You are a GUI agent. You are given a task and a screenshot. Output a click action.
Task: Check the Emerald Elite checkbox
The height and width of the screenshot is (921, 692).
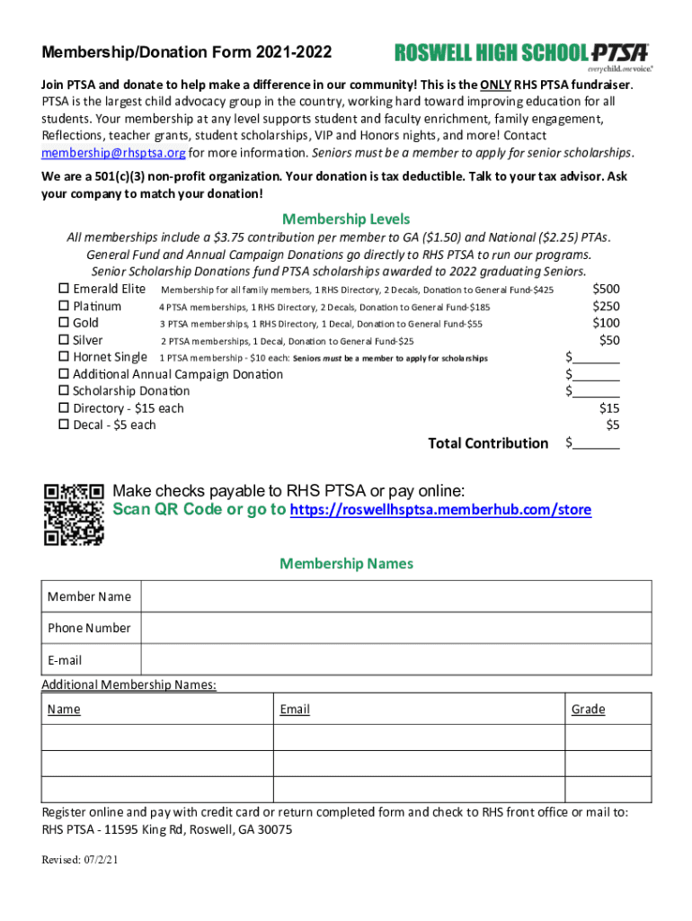pyautogui.click(x=64, y=289)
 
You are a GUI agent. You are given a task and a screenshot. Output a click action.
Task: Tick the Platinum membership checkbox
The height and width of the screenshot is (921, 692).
pyautogui.click(x=64, y=306)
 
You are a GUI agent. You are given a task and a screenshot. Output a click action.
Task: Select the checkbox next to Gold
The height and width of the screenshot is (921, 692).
pyautogui.click(x=64, y=323)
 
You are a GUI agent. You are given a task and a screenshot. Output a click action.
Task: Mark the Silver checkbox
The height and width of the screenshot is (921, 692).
pyautogui.click(x=64, y=340)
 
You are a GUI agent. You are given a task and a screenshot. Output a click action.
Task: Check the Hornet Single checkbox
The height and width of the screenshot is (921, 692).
pyautogui.click(x=64, y=357)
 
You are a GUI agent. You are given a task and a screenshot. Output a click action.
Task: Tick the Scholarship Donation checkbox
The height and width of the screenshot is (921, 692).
pyautogui.click(x=64, y=391)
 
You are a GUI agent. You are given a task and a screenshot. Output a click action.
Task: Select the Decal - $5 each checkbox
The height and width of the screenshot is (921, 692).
pyautogui.click(x=64, y=425)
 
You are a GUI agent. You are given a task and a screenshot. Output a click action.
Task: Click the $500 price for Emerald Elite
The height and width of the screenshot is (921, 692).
pyautogui.click(x=605, y=289)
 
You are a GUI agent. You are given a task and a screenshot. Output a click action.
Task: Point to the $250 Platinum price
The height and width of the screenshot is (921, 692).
pyautogui.click(x=605, y=306)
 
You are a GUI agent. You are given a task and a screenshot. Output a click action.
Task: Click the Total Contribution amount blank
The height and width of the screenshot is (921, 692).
pyautogui.click(x=596, y=443)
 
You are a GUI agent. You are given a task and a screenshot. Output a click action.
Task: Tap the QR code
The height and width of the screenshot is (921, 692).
pyautogui.click(x=74, y=514)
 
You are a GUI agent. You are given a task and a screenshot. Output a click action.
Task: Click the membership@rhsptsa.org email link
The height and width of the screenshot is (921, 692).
pyautogui.click(x=113, y=151)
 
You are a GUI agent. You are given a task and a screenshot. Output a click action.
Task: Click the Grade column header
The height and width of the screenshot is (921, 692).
pyautogui.click(x=588, y=710)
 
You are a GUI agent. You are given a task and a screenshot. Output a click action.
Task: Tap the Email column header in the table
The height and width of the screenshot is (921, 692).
pyautogui.click(x=295, y=710)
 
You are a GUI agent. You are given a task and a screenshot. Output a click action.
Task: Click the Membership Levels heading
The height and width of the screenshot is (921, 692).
pyautogui.click(x=346, y=219)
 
